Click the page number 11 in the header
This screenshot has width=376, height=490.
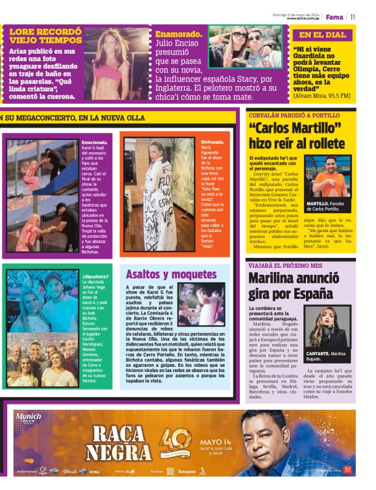point(353,17)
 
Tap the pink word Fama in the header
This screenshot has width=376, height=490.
point(335,17)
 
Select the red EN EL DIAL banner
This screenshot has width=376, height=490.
point(322,35)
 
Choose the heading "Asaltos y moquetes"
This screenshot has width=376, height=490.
point(162,274)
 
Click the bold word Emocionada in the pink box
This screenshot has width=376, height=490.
point(95,143)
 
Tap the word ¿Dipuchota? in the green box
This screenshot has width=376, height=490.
point(95,277)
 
